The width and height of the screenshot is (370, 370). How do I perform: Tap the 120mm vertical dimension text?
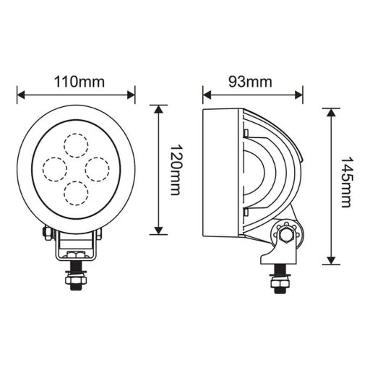coord(174,170)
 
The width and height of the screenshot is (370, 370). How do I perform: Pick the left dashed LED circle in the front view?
coord(55,168)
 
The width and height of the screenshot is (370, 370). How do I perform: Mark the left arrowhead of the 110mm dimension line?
coord(20,94)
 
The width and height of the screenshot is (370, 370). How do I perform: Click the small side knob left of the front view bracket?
coord(47,232)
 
